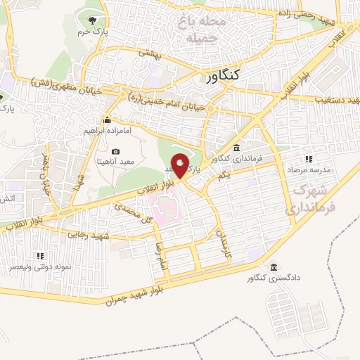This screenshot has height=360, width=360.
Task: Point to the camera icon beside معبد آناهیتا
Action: coord(116,152)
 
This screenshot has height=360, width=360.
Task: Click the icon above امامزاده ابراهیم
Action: coord(107,119)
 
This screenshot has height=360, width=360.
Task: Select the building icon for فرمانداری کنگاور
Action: coord(236,148)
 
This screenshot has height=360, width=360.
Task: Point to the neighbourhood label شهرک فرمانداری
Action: coord(311,199)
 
